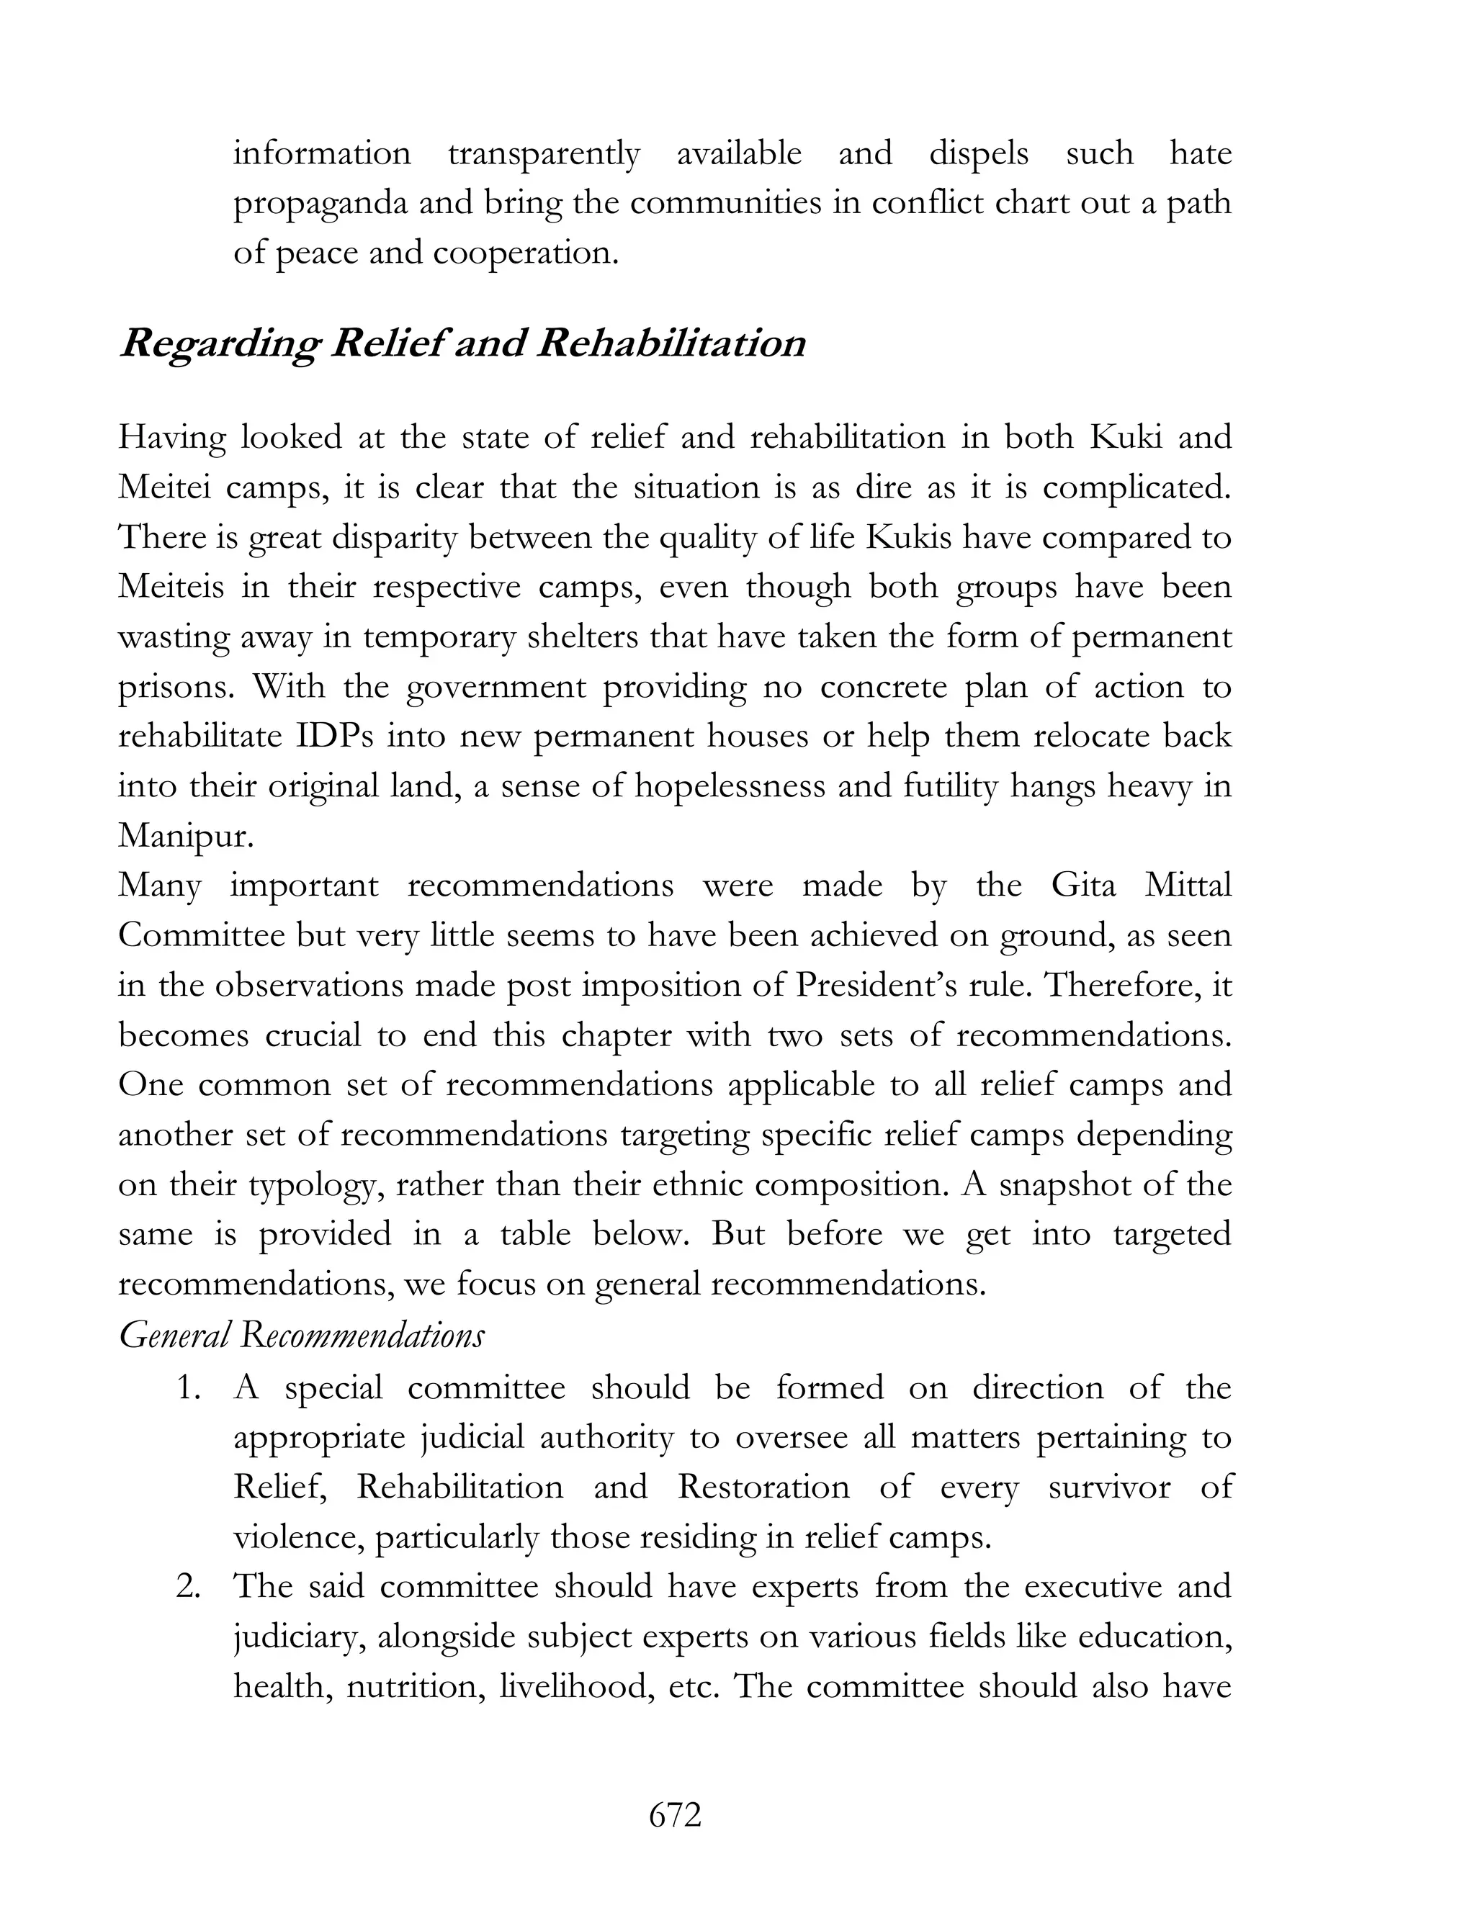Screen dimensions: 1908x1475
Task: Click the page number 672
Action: point(675,1814)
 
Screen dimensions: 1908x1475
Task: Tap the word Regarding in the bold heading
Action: point(220,344)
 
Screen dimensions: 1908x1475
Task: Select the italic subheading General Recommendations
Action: point(302,1335)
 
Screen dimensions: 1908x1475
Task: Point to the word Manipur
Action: point(185,836)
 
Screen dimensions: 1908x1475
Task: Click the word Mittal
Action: point(1188,886)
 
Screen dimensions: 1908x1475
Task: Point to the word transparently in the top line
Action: point(544,154)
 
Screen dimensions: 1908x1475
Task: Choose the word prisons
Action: point(176,688)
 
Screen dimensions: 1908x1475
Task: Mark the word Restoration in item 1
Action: point(763,1487)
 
